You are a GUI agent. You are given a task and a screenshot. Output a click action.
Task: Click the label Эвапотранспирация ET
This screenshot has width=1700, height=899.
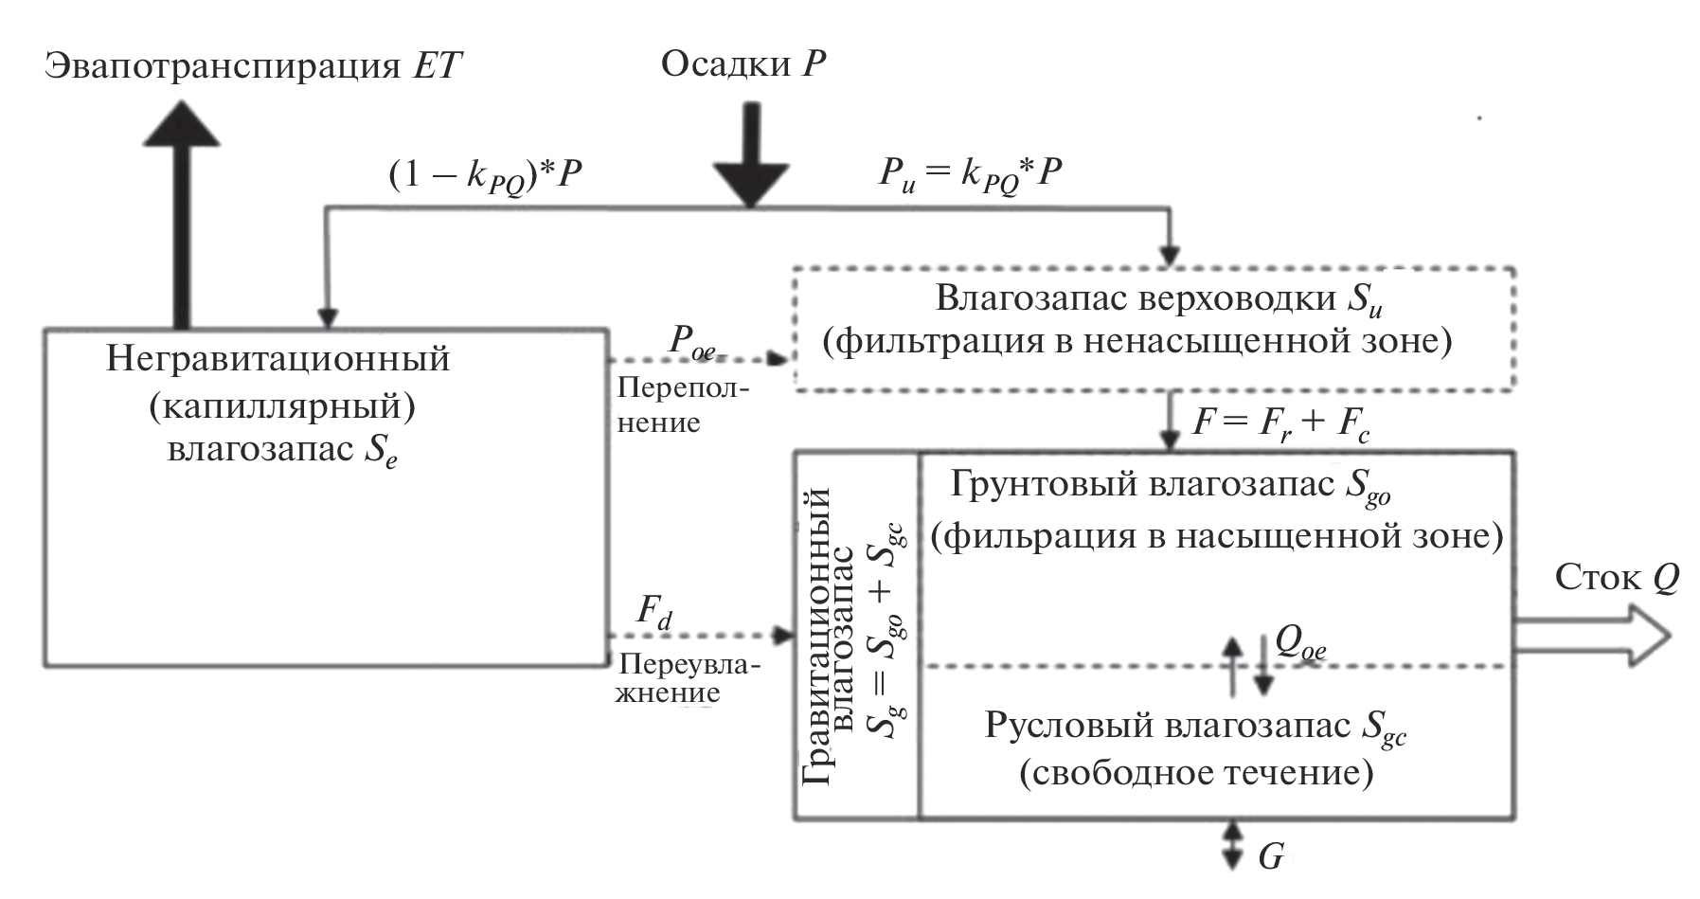255,67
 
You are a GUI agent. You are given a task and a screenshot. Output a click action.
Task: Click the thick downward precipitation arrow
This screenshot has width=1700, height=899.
750,156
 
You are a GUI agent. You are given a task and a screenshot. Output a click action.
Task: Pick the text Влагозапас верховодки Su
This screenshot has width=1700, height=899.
1161,298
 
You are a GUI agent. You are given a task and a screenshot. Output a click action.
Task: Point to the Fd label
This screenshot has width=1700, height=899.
653,612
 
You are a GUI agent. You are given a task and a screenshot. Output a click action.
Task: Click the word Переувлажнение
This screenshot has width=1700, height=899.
689,678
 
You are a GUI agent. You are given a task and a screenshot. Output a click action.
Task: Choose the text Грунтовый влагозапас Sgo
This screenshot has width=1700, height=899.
1171,485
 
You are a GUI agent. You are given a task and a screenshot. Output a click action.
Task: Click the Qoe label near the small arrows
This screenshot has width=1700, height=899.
1300,644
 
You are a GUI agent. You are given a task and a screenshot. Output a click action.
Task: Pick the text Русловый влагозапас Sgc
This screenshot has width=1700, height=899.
1195,728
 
